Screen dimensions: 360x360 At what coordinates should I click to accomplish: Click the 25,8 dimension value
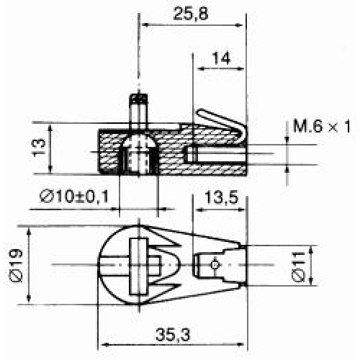click(191, 14)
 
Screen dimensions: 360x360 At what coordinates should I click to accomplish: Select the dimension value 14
click(221, 58)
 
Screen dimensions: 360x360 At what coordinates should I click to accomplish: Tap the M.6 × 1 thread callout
click(322, 127)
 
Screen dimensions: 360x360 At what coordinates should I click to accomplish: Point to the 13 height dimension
click(39, 148)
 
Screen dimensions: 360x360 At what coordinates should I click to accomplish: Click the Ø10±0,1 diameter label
click(74, 197)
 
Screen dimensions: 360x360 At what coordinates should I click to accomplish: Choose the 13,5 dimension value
click(221, 198)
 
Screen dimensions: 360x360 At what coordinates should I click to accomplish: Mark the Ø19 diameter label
click(16, 266)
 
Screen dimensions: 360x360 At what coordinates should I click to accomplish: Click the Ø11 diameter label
click(299, 266)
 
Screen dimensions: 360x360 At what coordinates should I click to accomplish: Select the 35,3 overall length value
click(173, 335)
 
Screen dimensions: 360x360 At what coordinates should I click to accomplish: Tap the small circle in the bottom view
click(215, 265)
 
